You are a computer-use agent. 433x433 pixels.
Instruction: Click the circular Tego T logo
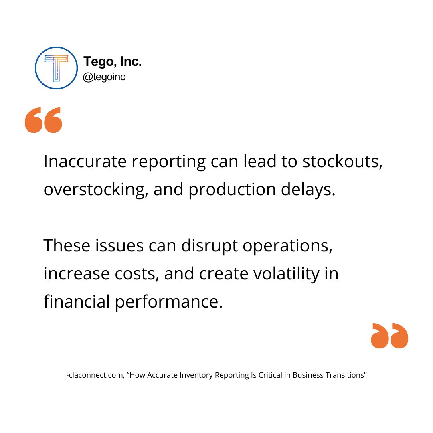(56, 68)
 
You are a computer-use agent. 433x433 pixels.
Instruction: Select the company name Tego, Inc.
(112, 62)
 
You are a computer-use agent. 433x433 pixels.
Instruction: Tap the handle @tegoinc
(104, 77)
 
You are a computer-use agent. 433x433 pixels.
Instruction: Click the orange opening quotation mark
(43, 120)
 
